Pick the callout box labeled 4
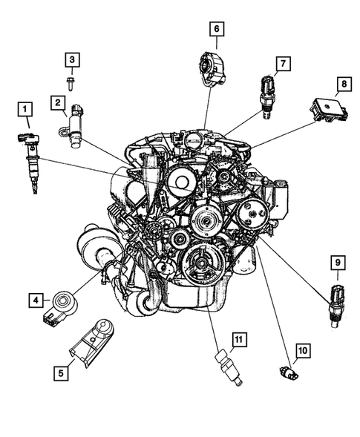pyautogui.click(x=35, y=300)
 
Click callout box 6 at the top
pyautogui.click(x=217, y=30)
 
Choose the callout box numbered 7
pyautogui.click(x=282, y=64)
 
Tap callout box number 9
pyautogui.click(x=337, y=262)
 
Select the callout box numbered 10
pyautogui.click(x=301, y=349)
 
